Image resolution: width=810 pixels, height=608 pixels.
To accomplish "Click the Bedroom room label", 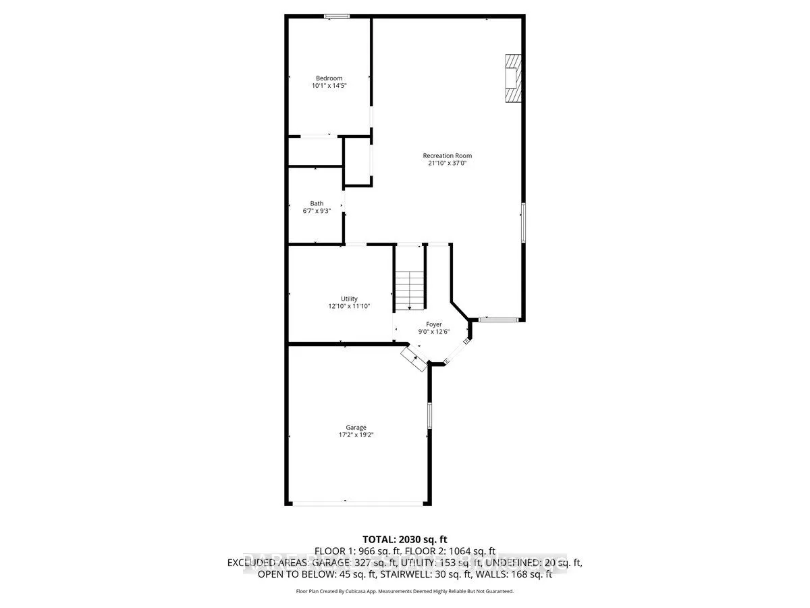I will pyautogui.click(x=329, y=78).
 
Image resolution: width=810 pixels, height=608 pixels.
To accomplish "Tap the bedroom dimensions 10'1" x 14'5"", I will pyautogui.click(x=329, y=86).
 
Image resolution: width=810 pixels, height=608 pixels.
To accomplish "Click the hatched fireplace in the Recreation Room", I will pyautogui.click(x=514, y=78).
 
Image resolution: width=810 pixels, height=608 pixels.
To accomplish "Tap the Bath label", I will pyautogui.click(x=317, y=203).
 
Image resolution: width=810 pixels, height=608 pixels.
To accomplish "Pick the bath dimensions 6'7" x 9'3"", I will pyautogui.click(x=317, y=211).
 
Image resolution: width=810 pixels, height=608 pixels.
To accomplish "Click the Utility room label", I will pyautogui.click(x=348, y=299).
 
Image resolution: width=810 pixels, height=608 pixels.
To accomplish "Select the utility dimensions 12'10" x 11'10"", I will pyautogui.click(x=348, y=307).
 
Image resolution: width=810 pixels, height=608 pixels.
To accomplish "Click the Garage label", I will pyautogui.click(x=356, y=428).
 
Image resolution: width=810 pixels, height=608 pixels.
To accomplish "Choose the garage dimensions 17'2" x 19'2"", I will pyautogui.click(x=356, y=436).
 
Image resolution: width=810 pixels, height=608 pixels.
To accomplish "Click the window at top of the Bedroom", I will pyautogui.click(x=336, y=16).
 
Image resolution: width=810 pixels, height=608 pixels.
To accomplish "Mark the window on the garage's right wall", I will pyautogui.click(x=429, y=415).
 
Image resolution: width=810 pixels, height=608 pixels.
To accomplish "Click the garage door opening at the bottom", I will pyautogui.click(x=357, y=503).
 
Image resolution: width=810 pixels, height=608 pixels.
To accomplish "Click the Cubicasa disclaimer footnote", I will pyautogui.click(x=405, y=591).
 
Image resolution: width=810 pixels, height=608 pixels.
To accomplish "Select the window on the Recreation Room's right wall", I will pyautogui.click(x=523, y=222).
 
